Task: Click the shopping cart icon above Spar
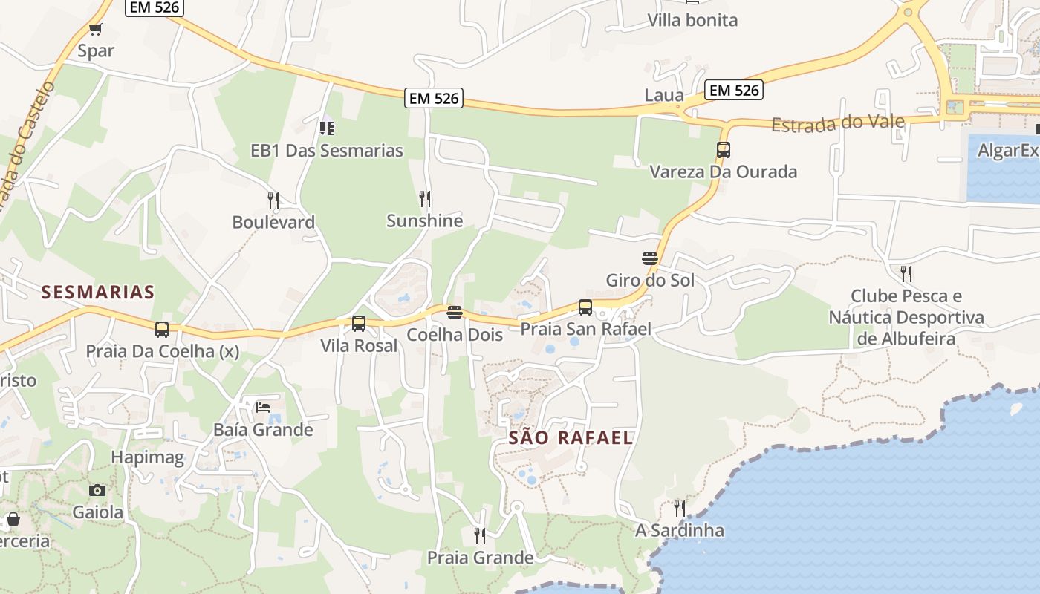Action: (x=95, y=30)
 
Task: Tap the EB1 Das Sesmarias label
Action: (x=327, y=151)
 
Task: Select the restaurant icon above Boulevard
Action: (x=273, y=200)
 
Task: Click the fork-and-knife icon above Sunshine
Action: (x=425, y=198)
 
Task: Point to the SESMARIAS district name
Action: (x=98, y=292)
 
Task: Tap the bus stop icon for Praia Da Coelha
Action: (x=162, y=329)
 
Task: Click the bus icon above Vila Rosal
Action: (x=359, y=323)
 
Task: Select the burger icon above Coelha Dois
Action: (x=455, y=313)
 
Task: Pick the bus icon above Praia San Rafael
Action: (x=585, y=307)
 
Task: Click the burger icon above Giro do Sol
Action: (x=650, y=258)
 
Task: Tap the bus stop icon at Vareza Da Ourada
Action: (x=724, y=149)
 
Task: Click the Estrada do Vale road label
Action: (x=838, y=123)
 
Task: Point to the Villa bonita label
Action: (x=692, y=20)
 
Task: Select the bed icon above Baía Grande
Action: (x=263, y=407)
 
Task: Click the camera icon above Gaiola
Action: (x=97, y=490)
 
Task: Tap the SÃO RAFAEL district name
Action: (x=571, y=437)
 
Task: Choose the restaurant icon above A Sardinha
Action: (x=680, y=508)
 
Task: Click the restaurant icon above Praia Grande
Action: (x=480, y=535)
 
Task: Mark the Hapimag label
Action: (x=148, y=457)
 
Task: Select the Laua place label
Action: (x=664, y=95)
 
